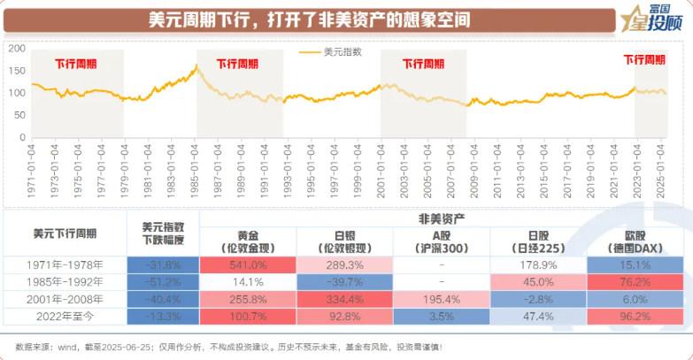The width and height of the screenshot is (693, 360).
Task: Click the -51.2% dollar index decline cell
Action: click(x=163, y=281)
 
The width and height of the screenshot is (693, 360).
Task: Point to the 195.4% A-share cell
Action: click(x=440, y=298)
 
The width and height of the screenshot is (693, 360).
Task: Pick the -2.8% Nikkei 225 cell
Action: click(x=537, y=298)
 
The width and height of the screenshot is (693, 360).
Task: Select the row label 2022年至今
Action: click(x=65, y=315)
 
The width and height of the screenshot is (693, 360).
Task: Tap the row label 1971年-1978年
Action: click(x=65, y=264)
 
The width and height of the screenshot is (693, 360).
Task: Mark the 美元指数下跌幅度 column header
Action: click(x=163, y=234)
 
